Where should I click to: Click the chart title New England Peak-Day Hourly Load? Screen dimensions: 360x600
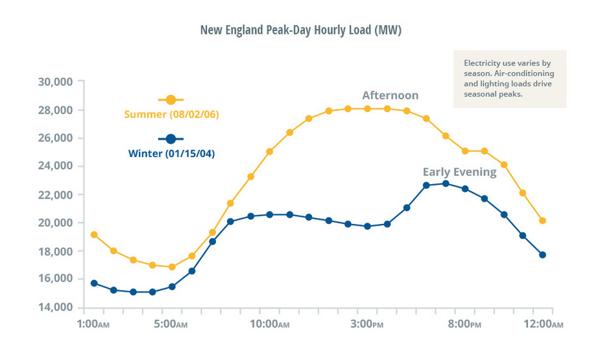pos(300,30)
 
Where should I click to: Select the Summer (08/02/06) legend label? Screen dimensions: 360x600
pos(171,115)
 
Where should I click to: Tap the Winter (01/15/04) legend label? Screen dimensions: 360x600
pos(171,154)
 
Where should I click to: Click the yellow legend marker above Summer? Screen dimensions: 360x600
pos(171,99)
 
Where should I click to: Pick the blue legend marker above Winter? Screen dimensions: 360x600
pos(171,139)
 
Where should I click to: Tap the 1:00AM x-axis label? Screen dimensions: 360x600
pos(97,323)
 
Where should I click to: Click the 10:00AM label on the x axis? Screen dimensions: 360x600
pos(270,323)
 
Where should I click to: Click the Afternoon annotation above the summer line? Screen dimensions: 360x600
pos(390,95)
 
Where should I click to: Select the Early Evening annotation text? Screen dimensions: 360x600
pos(459,172)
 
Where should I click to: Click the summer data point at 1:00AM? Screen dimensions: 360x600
pos(94,235)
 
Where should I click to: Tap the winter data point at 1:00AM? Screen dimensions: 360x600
pos(94,283)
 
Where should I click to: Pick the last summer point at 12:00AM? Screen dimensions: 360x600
pos(542,221)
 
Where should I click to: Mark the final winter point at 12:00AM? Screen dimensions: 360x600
pos(542,255)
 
